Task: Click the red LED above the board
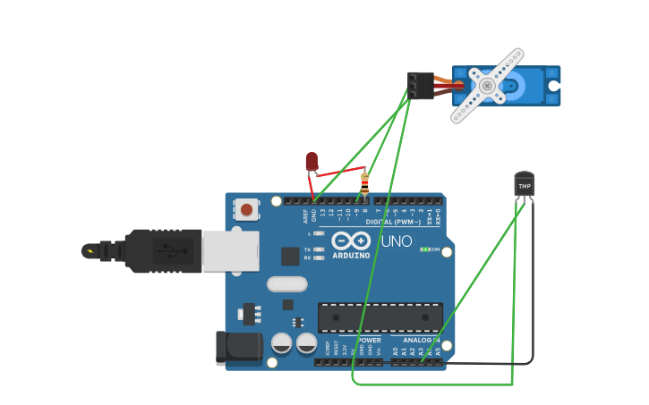[312, 161]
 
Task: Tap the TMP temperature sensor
[524, 185]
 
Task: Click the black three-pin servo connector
[420, 85]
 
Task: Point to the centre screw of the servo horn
[487, 86]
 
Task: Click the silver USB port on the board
[230, 251]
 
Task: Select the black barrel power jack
[238, 348]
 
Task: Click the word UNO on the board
[397, 241]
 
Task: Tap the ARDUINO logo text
[351, 255]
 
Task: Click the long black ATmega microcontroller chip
[380, 317]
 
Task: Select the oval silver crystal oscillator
[286, 283]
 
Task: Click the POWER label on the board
[369, 341]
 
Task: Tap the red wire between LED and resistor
[340, 171]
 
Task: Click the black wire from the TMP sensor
[533, 286]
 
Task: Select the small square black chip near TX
[290, 257]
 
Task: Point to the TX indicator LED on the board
[320, 249]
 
